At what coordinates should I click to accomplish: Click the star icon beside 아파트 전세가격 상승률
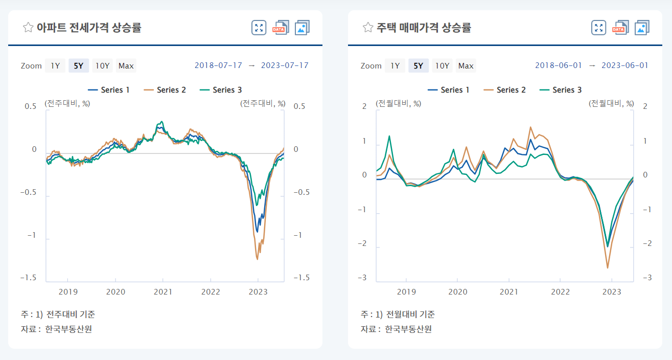point(28,28)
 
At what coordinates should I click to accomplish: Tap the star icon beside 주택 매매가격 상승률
point(367,28)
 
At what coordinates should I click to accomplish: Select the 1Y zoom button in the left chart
point(55,65)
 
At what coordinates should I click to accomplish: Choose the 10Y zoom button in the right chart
point(442,65)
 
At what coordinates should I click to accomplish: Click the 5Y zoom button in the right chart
point(418,65)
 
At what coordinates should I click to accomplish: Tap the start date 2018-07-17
point(218,65)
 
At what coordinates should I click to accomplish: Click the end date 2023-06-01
point(624,65)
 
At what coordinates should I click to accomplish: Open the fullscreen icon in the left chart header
point(259,28)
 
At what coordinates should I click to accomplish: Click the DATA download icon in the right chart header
point(620,28)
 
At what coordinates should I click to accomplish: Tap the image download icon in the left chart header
point(302,28)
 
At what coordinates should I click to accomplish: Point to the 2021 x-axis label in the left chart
point(163,292)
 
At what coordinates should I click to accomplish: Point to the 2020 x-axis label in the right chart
point(458,292)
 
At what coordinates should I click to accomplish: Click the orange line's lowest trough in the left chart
point(257,259)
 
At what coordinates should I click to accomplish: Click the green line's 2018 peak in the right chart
point(389,136)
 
